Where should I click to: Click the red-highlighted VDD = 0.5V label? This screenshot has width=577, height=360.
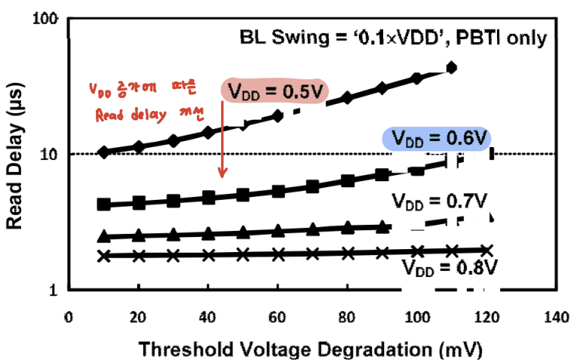pyautogui.click(x=276, y=91)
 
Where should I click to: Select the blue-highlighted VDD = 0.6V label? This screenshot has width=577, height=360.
pyautogui.click(x=437, y=139)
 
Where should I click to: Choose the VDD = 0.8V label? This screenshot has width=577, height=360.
pyautogui.click(x=450, y=266)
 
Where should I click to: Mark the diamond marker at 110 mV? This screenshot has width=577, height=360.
pyautogui.click(x=452, y=68)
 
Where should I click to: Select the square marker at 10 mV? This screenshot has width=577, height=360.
pyautogui.click(x=104, y=205)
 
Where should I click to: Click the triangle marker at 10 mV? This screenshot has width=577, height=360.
pyautogui.click(x=104, y=235)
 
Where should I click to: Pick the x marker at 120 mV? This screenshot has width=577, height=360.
pyautogui.click(x=486, y=251)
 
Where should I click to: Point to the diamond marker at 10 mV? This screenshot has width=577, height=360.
pyautogui.click(x=104, y=152)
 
